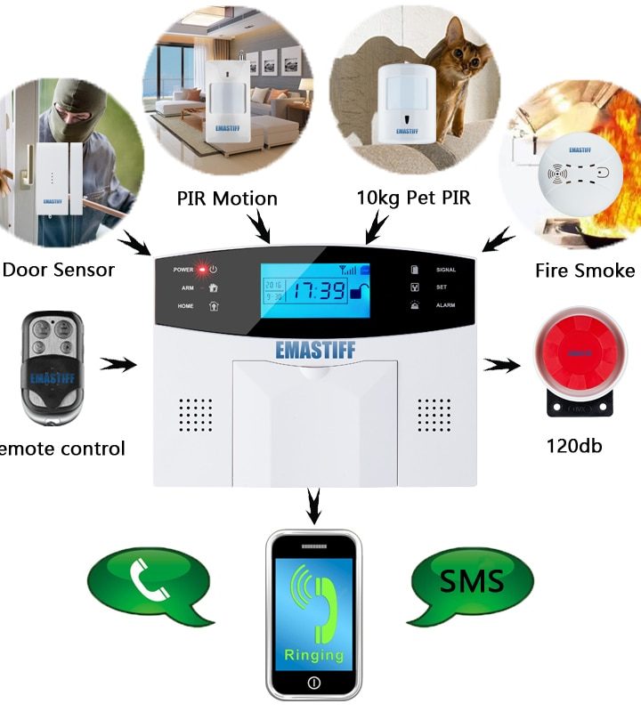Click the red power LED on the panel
(202, 269)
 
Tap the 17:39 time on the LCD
(321, 290)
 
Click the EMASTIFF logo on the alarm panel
(315, 349)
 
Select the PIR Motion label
(226, 198)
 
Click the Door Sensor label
(59, 269)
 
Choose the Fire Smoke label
(585, 271)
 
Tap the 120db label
(573, 444)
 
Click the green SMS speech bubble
(471, 582)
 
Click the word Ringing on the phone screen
(314, 655)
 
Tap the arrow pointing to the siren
(503, 364)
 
